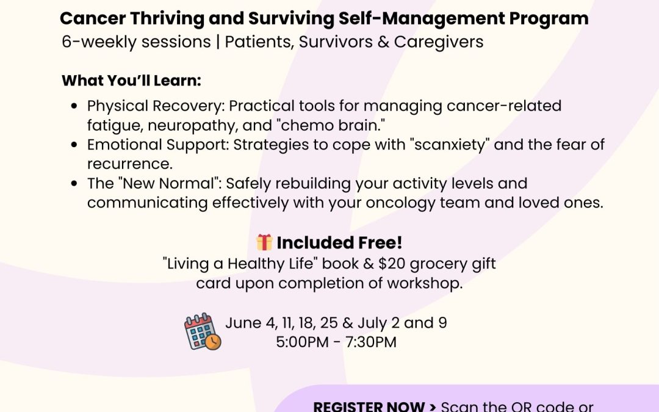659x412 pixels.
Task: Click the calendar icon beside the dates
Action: [x=203, y=332]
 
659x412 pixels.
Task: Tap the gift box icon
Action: [x=264, y=242]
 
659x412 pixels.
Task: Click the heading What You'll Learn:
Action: [x=131, y=81]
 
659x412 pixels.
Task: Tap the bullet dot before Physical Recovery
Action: [x=74, y=106]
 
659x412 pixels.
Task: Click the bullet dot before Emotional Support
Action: [x=74, y=145]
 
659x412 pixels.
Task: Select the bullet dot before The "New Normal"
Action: [x=74, y=184]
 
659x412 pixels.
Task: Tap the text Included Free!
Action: [x=339, y=242]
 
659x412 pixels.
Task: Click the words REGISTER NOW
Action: [x=369, y=406]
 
